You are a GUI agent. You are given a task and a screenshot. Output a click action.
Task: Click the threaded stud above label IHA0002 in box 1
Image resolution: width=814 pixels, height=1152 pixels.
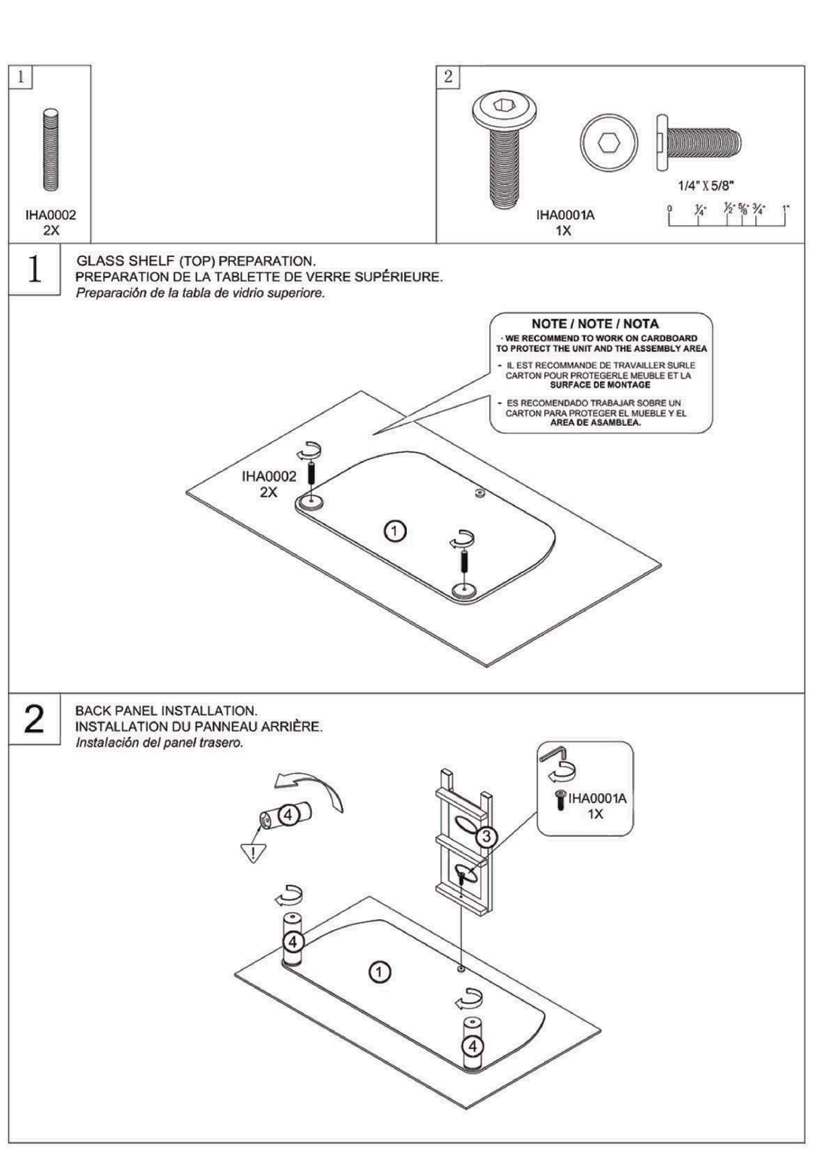[50, 152]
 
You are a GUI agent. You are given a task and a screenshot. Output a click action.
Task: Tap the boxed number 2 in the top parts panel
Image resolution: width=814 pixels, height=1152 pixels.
[448, 76]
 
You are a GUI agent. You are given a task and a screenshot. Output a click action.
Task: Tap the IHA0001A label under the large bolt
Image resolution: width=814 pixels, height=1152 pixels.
[565, 215]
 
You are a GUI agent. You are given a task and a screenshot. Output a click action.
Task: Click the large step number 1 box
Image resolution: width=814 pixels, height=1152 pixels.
[34, 270]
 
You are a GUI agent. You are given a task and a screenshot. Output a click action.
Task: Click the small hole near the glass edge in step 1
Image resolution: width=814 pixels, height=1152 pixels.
[479, 493]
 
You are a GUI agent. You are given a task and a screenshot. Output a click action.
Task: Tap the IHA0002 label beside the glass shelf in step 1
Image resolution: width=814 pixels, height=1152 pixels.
[268, 476]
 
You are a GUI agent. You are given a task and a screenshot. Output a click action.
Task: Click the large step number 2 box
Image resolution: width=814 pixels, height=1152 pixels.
[34, 718]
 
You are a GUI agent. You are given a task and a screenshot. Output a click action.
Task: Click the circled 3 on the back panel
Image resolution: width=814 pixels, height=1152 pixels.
[487, 836]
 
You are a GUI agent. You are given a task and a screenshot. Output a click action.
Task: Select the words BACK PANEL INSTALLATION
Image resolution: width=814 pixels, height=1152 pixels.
[166, 710]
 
